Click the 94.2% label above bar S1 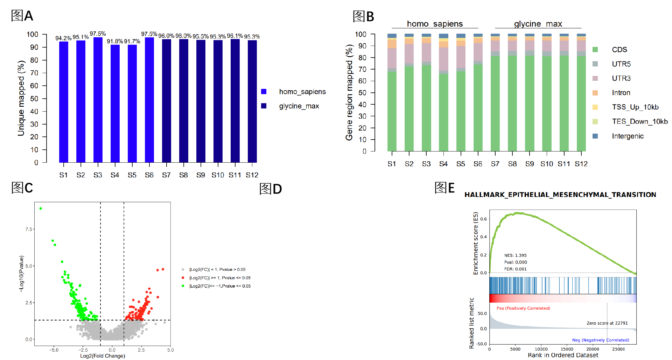coord(63,38)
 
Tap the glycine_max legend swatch coord(264,106)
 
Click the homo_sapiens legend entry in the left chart coord(302,92)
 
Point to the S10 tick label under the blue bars coord(218,175)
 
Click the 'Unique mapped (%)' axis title coord(21,98)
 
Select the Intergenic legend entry coord(628,136)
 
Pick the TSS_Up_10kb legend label coord(635,107)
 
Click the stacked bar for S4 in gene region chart coord(443,94)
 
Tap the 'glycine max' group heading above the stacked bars coord(538,24)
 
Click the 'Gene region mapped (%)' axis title coord(349,93)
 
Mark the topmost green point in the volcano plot coord(41,209)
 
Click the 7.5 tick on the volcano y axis coord(29,229)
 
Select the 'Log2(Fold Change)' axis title coord(103,356)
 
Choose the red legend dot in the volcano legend coord(183,278)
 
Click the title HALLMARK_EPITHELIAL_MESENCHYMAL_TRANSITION coord(560,195)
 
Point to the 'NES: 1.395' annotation coord(515,255)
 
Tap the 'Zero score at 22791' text coord(607,323)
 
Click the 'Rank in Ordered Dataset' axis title coord(563,355)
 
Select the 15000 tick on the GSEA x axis coord(567,349)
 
